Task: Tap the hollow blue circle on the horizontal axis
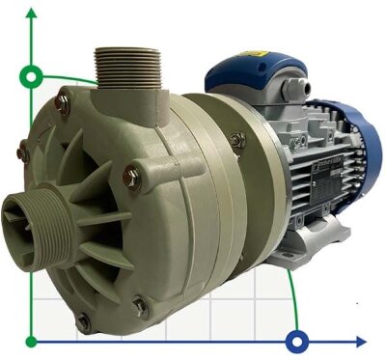[x=298, y=341]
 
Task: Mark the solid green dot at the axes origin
[x=32, y=341]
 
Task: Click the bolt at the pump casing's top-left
[x=66, y=96]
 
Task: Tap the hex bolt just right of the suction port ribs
[x=132, y=175]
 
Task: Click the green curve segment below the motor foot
[x=292, y=299]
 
